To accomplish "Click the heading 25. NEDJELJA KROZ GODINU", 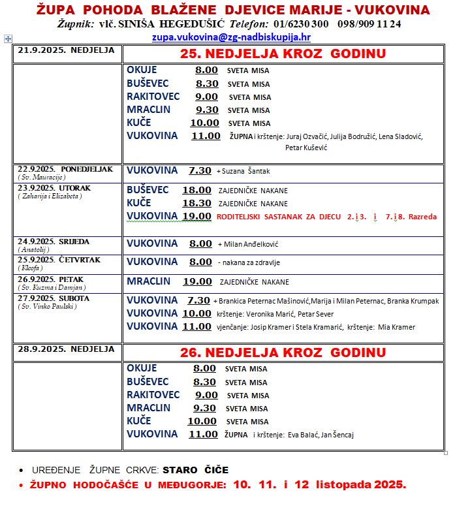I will point(282,54).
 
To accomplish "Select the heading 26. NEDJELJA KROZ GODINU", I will point(283,352).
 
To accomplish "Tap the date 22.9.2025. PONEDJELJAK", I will point(65,169).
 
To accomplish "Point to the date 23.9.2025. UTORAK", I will point(54,188).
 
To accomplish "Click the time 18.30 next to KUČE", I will point(196,203).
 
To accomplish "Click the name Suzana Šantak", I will point(245,171).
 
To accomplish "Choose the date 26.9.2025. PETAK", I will point(50,279).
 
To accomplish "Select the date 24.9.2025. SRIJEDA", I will point(54,241).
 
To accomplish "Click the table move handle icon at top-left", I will point(8,39).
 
